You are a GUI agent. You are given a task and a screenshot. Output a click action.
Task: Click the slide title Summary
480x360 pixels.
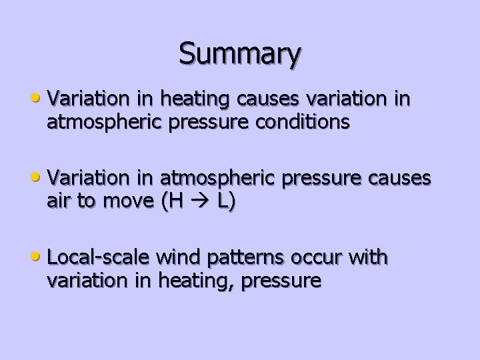click(x=239, y=54)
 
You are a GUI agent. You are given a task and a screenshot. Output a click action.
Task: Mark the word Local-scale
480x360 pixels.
click(x=100, y=258)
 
